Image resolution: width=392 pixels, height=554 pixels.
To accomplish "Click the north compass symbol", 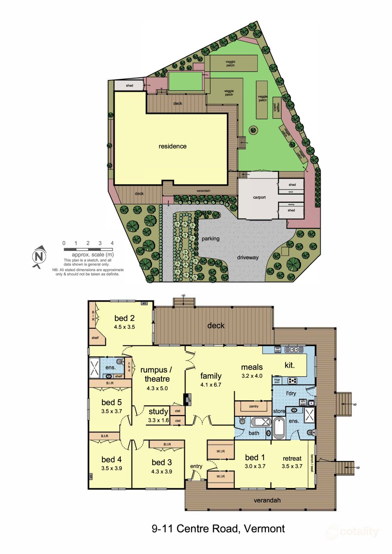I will [x=39, y=257].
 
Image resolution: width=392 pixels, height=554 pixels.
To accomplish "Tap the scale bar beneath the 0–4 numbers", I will [x=88, y=249].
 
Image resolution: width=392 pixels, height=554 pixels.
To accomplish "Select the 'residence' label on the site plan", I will [x=172, y=146].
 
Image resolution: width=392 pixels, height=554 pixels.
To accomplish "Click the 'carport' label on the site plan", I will [x=259, y=197].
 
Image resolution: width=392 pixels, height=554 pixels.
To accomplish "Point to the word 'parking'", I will [x=211, y=239].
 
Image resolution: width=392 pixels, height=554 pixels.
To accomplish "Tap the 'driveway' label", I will [x=248, y=257].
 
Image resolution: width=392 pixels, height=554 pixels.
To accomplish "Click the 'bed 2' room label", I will [x=124, y=318].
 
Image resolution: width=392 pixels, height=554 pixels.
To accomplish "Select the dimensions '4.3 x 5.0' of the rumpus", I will [x=157, y=388].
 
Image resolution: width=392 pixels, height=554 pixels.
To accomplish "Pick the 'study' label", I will [x=158, y=411].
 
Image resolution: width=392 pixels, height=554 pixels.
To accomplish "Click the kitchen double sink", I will [x=294, y=350].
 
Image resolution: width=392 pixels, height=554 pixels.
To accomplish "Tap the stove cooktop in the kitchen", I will [x=293, y=381].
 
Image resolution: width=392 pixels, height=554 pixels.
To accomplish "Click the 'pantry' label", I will [x=254, y=406].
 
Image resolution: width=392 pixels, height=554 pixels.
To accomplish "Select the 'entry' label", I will [x=196, y=466].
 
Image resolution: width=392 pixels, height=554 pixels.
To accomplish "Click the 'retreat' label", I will [x=292, y=458].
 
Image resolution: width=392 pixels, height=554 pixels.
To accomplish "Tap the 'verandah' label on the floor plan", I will [x=267, y=500].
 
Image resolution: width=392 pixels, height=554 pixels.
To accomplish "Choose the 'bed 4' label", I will [x=112, y=459].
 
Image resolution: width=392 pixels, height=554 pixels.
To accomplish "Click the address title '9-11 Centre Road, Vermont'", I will [x=218, y=529].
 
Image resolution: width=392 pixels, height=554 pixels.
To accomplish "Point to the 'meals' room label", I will [x=252, y=367].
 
